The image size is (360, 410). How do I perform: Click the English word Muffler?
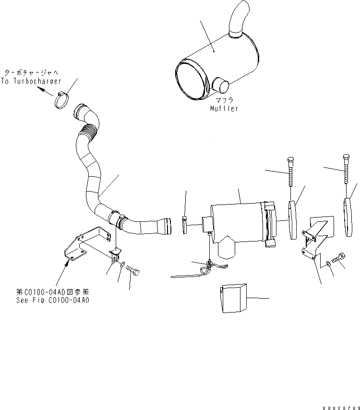[224, 109]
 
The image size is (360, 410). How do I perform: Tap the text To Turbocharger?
[28, 81]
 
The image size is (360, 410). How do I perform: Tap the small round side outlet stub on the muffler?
[221, 86]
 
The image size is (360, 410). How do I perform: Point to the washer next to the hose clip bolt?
[123, 264]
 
